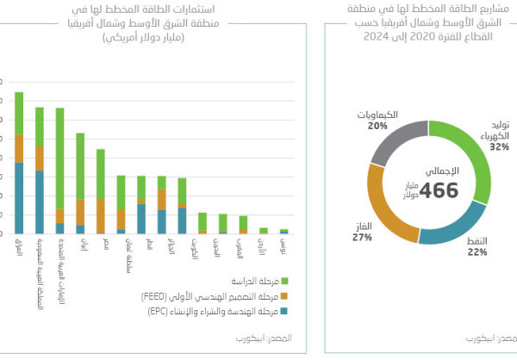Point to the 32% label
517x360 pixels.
pos(499,147)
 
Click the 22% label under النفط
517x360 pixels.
pos(477,252)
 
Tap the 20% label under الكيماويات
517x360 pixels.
pos(377,126)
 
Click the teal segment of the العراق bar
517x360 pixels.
pos(19,198)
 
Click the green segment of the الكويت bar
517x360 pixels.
pos(202,220)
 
